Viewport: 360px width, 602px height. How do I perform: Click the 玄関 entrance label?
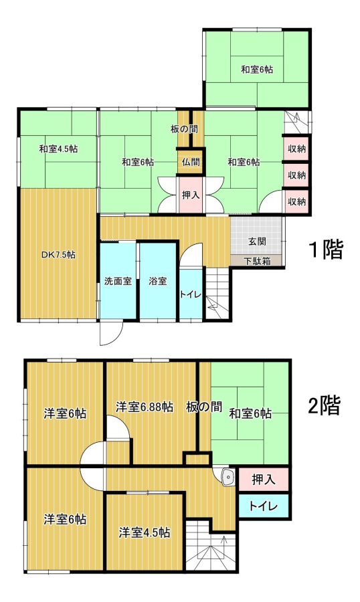pos(257,241)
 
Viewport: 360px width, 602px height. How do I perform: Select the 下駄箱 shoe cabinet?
pos(257,261)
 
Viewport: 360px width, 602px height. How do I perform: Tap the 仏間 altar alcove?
pos(191,162)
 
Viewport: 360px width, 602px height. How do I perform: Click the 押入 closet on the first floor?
pos(191,195)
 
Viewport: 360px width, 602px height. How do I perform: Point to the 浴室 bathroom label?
pos(158,281)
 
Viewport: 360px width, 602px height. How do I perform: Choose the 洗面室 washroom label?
pos(118,281)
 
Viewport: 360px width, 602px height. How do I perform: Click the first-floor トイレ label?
pos(191,294)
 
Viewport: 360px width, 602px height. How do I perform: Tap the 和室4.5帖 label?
pos(58,149)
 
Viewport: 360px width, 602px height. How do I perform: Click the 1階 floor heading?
pos(326,249)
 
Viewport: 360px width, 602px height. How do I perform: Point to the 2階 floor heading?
pos(325,405)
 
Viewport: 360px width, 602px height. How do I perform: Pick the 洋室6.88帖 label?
pos(144,407)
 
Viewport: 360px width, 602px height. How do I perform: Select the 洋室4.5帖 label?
pos(144,532)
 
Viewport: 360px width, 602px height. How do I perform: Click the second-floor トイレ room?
pos(264,506)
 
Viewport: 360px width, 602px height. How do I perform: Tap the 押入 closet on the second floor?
pos(264,479)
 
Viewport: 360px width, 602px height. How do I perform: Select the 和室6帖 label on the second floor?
pos(250,413)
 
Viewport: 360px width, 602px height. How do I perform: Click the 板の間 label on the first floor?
pos(185,129)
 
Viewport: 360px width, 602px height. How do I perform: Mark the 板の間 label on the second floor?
pos(204,407)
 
